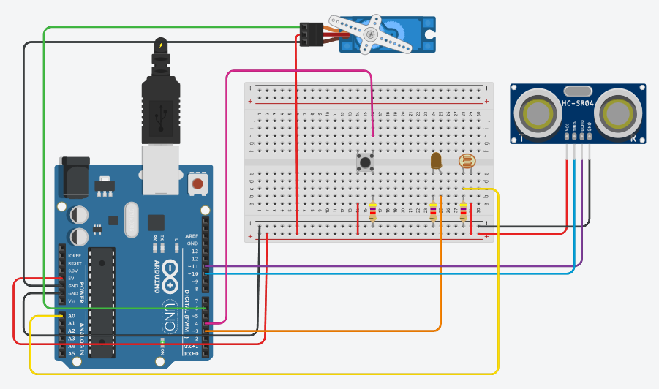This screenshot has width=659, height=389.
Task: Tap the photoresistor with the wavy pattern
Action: (465, 162)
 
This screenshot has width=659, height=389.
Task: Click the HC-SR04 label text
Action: (577, 104)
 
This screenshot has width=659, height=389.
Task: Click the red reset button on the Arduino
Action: (197, 183)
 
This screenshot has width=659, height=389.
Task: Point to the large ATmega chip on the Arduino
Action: (102, 302)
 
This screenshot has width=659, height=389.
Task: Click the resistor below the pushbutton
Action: (373, 212)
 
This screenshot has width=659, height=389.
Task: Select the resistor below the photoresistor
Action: (463, 212)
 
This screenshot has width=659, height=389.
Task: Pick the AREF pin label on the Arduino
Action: (192, 236)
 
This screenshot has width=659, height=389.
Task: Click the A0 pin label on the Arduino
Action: (71, 316)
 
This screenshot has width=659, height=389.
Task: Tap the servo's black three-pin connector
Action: (311, 34)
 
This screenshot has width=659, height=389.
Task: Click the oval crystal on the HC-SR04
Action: (578, 90)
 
